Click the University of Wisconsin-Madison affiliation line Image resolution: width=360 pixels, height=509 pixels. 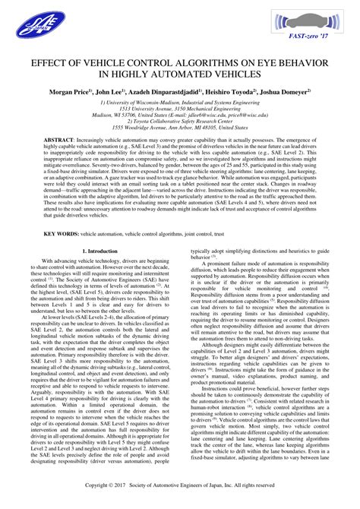tap(179, 102)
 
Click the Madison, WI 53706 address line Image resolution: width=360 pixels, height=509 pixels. tap(179, 115)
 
